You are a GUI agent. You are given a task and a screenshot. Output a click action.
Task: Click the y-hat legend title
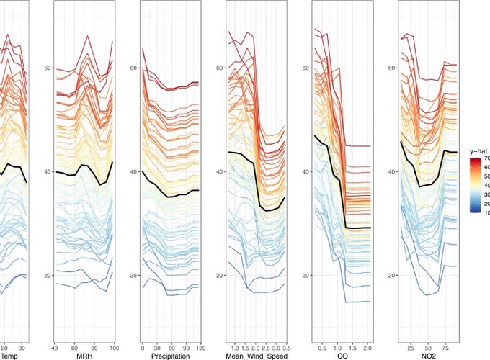point(478,151)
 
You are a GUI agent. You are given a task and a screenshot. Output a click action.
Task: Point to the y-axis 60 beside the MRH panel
point(49,68)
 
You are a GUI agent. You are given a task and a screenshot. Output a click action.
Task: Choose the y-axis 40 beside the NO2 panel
point(393,172)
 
